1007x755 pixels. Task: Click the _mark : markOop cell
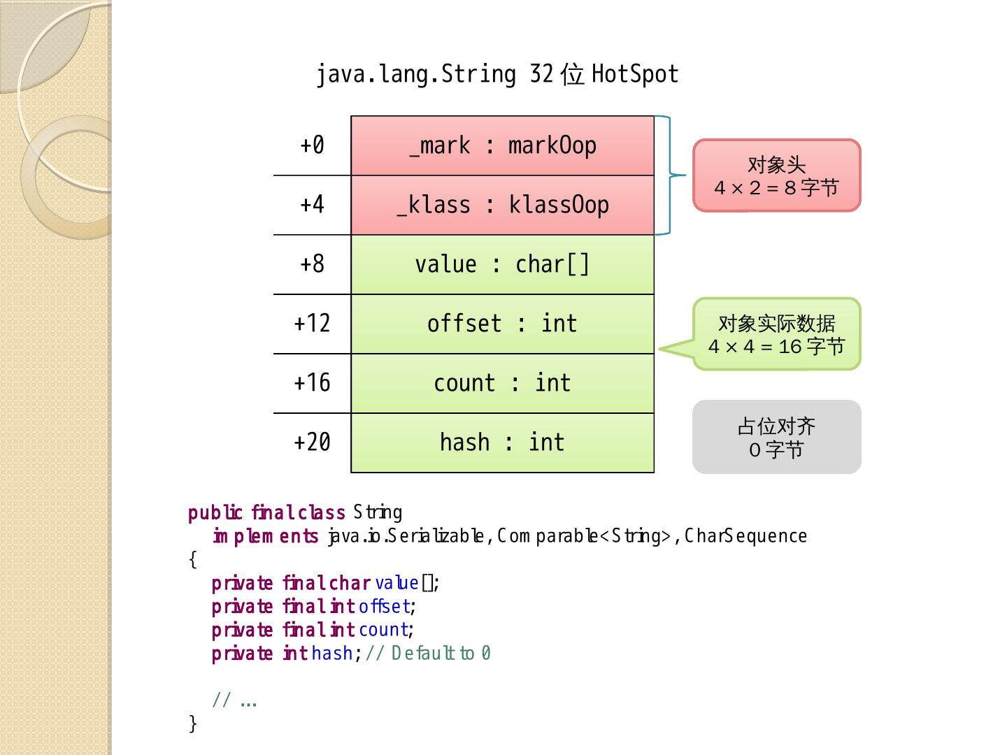pyautogui.click(x=502, y=146)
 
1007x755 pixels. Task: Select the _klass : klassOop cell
pyautogui.click(x=502, y=205)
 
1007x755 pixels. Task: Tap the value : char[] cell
pyautogui.click(x=502, y=264)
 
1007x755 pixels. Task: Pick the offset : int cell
pyautogui.click(x=502, y=324)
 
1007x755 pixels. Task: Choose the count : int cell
pyautogui.click(x=502, y=383)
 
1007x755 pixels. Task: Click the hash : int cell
pyautogui.click(x=502, y=443)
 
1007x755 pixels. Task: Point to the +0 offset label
pyautogui.click(x=312, y=145)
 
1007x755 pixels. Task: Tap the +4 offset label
pyautogui.click(x=312, y=205)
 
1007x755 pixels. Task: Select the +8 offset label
pyautogui.click(x=312, y=264)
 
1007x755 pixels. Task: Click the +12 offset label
pyautogui.click(x=312, y=324)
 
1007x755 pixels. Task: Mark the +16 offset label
pyautogui.click(x=312, y=383)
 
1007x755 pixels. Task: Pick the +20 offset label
pyautogui.click(x=312, y=443)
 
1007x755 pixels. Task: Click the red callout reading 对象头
pyautogui.click(x=776, y=175)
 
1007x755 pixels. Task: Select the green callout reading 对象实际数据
pyautogui.click(x=776, y=334)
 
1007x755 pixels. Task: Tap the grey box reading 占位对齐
pyautogui.click(x=776, y=437)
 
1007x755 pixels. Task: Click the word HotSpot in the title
pyautogui.click(x=635, y=74)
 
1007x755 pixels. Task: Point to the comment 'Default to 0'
pyautogui.click(x=441, y=654)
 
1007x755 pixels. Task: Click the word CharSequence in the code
pyautogui.click(x=745, y=536)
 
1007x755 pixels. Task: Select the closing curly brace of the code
pyautogui.click(x=193, y=724)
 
